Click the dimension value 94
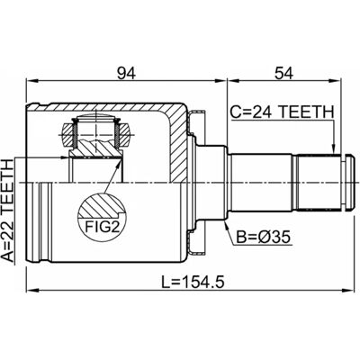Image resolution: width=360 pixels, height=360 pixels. pyautogui.click(x=126, y=73)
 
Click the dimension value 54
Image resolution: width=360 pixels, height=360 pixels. pyautogui.click(x=283, y=73)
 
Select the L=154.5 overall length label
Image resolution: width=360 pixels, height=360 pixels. pyautogui.click(x=193, y=283)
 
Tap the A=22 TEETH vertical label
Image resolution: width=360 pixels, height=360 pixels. pyautogui.click(x=8, y=211)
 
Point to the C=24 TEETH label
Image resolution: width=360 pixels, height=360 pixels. pyautogui.click(x=282, y=112)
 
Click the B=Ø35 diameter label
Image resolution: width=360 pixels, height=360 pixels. pyautogui.click(x=264, y=238)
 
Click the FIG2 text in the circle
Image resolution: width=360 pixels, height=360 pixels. pyautogui.click(x=102, y=227)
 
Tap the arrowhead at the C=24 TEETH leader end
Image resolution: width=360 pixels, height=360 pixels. pyautogui.click(x=332, y=149)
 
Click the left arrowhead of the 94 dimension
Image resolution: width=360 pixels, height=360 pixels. pyautogui.click(x=31, y=80)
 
